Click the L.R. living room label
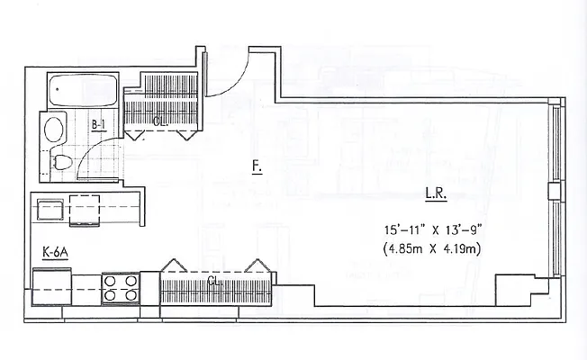[436, 195]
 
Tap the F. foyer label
[257, 167]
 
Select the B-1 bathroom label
[98, 125]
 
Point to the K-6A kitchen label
[55, 253]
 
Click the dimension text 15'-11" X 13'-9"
[432, 230]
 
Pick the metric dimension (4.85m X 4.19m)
[432, 249]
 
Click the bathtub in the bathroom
[83, 91]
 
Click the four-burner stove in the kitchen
[121, 288]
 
